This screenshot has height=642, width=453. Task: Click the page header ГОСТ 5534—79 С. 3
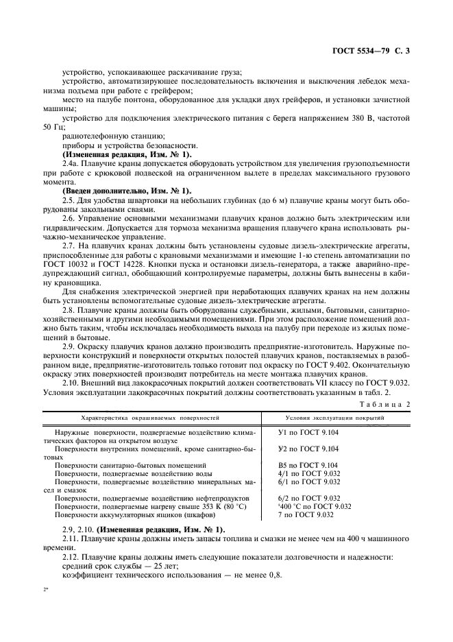tap(370, 51)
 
